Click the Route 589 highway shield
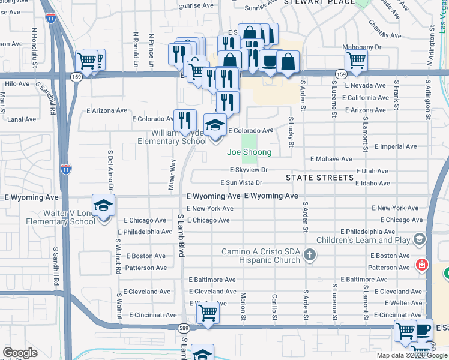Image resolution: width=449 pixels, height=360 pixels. (x=184, y=328)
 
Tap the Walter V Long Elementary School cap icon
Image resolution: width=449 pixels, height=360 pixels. (x=103, y=205)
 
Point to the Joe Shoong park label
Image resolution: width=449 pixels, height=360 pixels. (x=249, y=152)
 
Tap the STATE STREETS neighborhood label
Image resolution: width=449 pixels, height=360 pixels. (x=319, y=178)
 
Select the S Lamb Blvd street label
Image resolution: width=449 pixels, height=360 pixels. (x=180, y=235)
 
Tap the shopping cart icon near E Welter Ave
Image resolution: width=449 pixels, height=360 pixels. (x=207, y=313)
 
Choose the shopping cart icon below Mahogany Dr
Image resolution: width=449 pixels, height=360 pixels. (x=357, y=60)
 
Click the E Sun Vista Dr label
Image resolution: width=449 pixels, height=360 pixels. (x=241, y=182)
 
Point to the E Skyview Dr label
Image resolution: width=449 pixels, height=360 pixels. (x=248, y=171)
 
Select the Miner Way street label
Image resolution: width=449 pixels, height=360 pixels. (x=172, y=172)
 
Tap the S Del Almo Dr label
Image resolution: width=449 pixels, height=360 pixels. (x=110, y=165)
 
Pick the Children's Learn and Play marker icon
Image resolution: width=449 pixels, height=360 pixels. (x=419, y=240)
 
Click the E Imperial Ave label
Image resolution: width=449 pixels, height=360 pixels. (x=395, y=146)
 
